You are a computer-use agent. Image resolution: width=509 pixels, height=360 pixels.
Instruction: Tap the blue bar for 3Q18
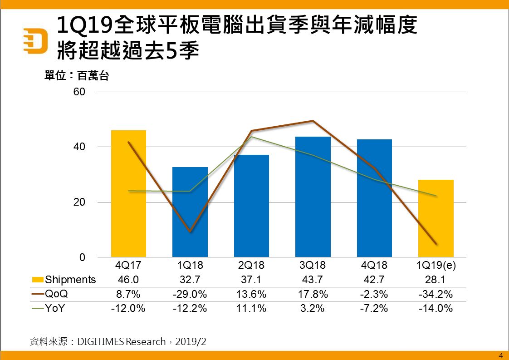click(313, 197)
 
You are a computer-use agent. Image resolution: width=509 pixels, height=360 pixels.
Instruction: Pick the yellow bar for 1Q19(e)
click(436, 218)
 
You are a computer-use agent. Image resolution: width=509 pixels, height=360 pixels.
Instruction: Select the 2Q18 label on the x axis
click(251, 265)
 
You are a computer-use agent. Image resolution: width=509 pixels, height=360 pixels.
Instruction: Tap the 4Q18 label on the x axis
click(374, 265)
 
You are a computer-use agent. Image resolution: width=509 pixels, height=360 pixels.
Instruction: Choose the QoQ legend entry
click(57, 294)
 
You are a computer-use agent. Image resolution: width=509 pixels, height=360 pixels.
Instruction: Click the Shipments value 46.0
click(128, 280)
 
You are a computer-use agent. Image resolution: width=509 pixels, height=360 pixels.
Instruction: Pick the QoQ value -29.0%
click(190, 294)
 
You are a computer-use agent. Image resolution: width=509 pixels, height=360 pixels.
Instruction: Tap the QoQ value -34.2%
click(436, 294)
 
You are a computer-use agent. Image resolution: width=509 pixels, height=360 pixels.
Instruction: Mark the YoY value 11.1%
click(251, 308)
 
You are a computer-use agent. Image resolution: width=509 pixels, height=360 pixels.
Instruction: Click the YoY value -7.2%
click(374, 308)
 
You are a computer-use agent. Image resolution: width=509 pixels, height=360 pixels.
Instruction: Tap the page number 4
click(501, 355)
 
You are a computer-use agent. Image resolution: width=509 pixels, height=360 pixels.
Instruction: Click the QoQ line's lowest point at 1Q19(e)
click(436, 244)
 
